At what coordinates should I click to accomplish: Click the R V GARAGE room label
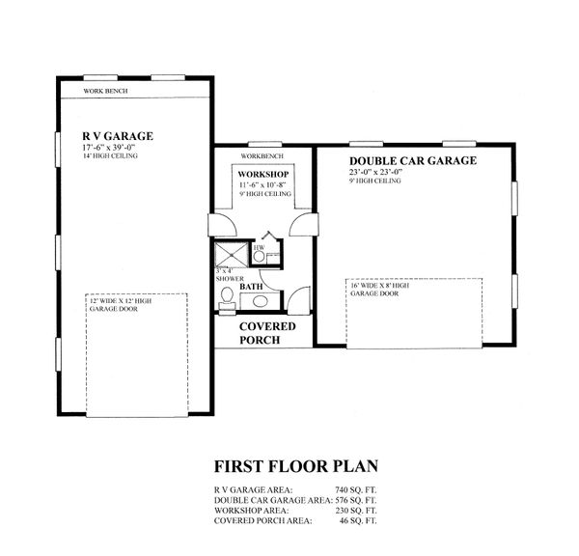(x=118, y=135)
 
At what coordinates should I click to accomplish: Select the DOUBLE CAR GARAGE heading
(x=412, y=161)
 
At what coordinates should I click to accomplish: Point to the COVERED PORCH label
(x=262, y=333)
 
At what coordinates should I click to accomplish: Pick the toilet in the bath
(x=226, y=296)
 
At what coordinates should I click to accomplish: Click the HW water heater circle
(x=260, y=253)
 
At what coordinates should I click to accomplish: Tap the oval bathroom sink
(x=228, y=309)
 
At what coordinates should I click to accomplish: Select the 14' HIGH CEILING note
(x=111, y=155)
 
